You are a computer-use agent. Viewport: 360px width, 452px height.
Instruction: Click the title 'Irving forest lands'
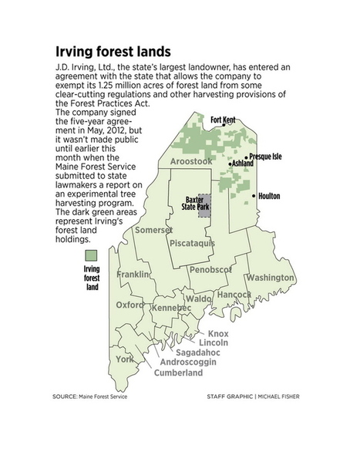(x=115, y=52)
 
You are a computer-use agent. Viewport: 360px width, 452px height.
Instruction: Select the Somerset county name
(x=152, y=230)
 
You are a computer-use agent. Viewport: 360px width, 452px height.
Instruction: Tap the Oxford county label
(x=130, y=304)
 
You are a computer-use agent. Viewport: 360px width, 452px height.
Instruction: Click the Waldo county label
(x=198, y=299)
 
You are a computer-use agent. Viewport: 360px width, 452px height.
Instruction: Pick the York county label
(x=124, y=359)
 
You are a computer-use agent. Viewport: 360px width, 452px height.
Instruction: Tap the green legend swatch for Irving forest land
(x=93, y=255)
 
